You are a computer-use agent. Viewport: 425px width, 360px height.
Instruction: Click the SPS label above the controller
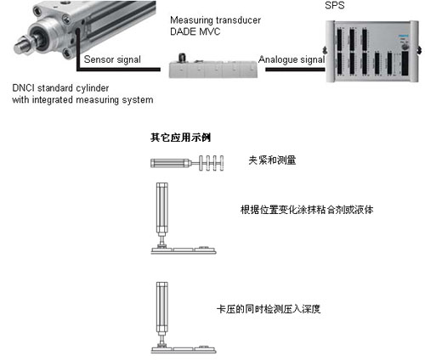(x=335, y=5)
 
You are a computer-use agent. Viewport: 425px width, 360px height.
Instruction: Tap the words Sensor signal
(x=112, y=59)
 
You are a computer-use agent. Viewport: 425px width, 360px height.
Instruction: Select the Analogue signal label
(x=292, y=59)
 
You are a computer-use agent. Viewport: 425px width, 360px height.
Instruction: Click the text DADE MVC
(x=195, y=31)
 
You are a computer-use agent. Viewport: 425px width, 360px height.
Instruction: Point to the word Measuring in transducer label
(x=191, y=20)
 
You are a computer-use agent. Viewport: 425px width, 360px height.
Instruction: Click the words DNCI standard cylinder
(x=60, y=88)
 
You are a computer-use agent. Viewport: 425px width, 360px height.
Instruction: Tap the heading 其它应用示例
(x=180, y=138)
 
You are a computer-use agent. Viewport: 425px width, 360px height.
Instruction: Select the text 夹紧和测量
(x=272, y=160)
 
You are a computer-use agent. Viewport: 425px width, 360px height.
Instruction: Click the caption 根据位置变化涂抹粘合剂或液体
(x=307, y=210)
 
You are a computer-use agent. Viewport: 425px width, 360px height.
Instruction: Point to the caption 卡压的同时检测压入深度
(x=269, y=309)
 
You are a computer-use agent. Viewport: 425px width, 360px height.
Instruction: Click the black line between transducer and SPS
(x=295, y=70)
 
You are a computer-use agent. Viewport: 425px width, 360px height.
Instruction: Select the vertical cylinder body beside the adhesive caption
(x=162, y=208)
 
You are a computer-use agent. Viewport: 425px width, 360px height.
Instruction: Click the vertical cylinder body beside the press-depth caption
(x=162, y=307)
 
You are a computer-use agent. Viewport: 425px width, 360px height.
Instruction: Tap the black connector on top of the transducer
(x=182, y=58)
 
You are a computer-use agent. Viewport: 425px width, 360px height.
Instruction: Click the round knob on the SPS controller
(x=405, y=47)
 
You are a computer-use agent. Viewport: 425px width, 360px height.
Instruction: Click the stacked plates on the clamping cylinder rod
(x=212, y=163)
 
